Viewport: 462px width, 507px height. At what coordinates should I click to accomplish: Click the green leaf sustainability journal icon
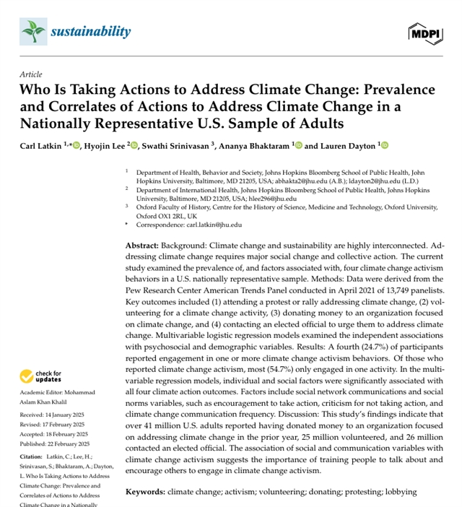[33, 31]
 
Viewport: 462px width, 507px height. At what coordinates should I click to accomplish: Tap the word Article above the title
[31, 74]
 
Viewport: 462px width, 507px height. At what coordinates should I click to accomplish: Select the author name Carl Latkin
[43, 145]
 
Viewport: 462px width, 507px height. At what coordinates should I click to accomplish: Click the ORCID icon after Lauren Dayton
[384, 145]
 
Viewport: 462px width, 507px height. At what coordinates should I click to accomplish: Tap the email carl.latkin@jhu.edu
[221, 225]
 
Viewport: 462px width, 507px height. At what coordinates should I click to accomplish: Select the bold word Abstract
[141, 246]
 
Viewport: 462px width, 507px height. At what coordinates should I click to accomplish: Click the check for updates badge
[41, 376]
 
